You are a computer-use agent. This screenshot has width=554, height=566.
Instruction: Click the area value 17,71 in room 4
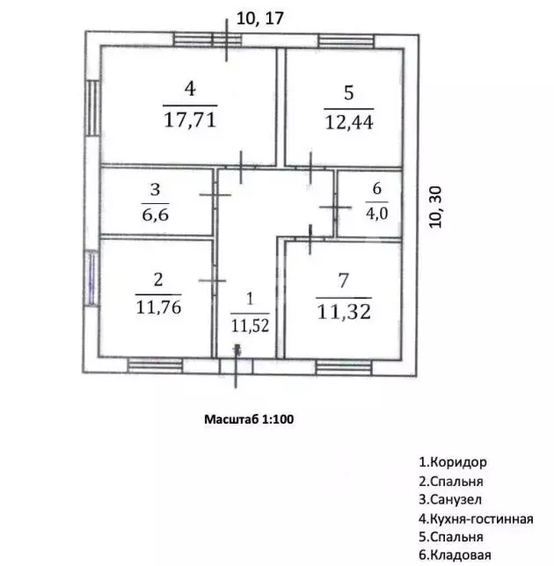[x=190, y=120]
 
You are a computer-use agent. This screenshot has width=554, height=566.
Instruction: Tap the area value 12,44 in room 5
[x=349, y=122]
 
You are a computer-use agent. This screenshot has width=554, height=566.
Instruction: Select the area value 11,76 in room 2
[x=158, y=307]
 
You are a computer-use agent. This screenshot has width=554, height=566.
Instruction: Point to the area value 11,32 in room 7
[x=344, y=311]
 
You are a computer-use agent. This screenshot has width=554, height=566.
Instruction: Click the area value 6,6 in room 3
[x=156, y=214]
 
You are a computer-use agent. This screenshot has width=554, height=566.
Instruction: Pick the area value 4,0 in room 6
[x=376, y=214]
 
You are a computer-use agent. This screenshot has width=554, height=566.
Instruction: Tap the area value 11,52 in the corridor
[x=250, y=325]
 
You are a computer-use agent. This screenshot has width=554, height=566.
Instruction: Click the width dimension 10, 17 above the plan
[x=260, y=18]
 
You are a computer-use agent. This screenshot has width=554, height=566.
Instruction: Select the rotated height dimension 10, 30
[x=435, y=207]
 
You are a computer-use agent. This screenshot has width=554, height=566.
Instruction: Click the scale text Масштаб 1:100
[x=249, y=419]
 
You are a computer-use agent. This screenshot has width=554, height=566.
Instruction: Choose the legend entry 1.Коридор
[x=453, y=462]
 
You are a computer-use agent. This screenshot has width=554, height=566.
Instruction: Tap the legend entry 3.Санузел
[x=450, y=499]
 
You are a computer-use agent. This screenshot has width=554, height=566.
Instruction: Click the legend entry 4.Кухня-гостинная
[x=476, y=519]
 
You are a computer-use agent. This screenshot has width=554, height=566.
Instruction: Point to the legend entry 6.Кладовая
[x=455, y=555]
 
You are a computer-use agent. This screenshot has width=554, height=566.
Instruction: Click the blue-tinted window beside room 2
[x=91, y=279]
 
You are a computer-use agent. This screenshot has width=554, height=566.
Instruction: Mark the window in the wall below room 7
[x=344, y=367]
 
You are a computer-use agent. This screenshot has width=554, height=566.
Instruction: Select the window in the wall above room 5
[x=346, y=41]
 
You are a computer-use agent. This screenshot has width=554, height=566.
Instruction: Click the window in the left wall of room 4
[x=92, y=108]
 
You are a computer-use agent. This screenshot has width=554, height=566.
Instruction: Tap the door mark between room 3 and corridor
[x=215, y=194]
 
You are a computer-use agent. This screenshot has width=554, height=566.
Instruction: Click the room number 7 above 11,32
[x=344, y=280]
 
